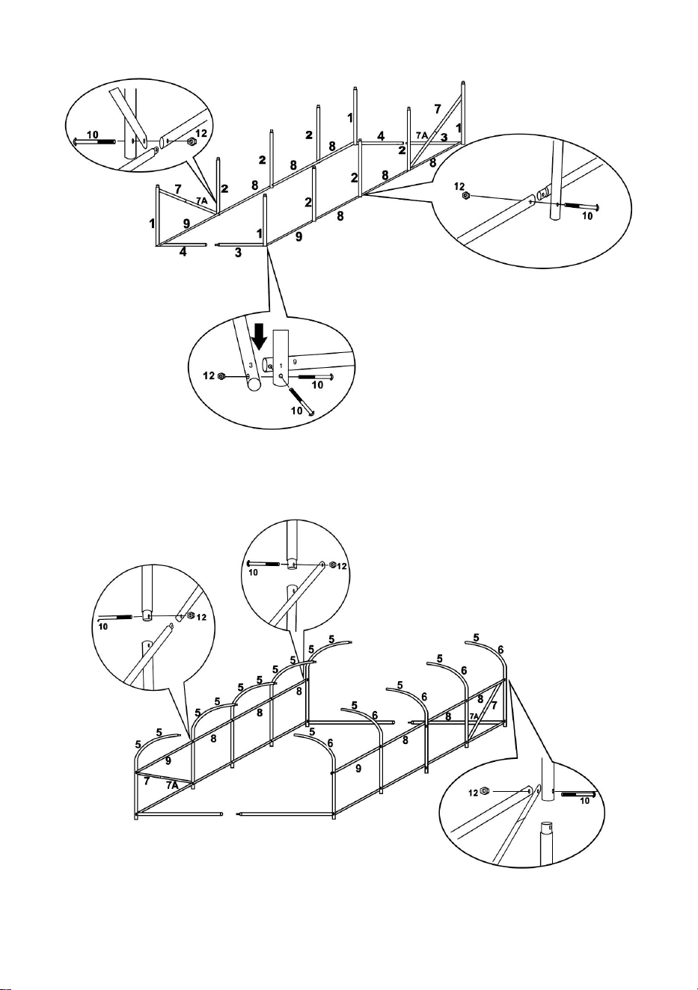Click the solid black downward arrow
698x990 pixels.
coord(259,336)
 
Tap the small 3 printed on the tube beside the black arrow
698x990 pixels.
coord(251,366)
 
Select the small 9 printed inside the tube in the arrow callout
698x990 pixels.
coord(295,361)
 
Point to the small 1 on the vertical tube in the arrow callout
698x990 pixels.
coord(281,366)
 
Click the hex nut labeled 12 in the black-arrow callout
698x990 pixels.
coord(222,376)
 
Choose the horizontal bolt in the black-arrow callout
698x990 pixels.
coord(316,376)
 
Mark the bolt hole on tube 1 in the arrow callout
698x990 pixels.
coord(281,376)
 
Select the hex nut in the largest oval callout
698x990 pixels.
coord(465,195)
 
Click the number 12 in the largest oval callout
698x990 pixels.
coord(459,186)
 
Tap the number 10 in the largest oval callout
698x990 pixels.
coord(587,216)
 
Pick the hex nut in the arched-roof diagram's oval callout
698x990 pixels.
coord(483,790)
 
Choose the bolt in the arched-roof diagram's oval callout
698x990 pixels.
coord(578,794)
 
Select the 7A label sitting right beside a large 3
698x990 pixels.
coord(422,135)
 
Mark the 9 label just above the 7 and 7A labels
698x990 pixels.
coord(168,760)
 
